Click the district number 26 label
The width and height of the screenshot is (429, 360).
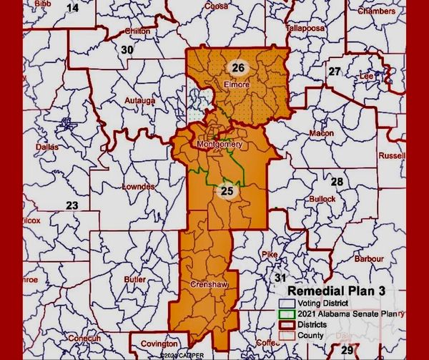pyautogui.click(x=239, y=68)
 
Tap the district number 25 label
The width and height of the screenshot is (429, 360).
pyautogui.click(x=227, y=190)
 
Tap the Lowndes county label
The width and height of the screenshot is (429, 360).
pyautogui.click(x=138, y=187)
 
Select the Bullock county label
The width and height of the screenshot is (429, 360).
pyautogui.click(x=323, y=198)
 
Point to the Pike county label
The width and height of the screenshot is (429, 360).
pyautogui.click(x=269, y=254)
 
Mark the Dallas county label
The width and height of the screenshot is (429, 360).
pyautogui.click(x=46, y=147)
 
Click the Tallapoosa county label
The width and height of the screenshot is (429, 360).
pyautogui.click(x=305, y=28)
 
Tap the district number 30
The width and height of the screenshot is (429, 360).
pyautogui.click(x=127, y=50)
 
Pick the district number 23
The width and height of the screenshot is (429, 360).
pyautogui.click(x=72, y=205)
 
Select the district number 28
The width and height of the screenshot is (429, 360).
pyautogui.click(x=336, y=182)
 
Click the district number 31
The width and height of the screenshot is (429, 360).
pyautogui.click(x=281, y=277)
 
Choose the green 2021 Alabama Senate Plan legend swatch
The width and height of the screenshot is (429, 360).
pyautogui.click(x=285, y=313)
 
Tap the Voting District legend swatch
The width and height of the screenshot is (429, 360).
pyautogui.click(x=285, y=303)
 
